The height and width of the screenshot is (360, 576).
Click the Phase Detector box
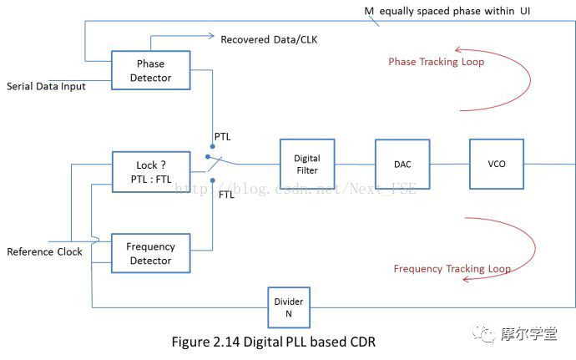[150, 70]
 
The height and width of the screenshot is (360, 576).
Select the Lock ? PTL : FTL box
[150, 172]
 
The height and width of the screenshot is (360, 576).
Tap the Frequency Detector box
[150, 253]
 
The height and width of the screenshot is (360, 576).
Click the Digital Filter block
[306, 165]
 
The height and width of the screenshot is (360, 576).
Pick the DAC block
[403, 164]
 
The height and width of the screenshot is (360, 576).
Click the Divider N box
[288, 307]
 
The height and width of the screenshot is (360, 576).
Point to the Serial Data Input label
[47, 86]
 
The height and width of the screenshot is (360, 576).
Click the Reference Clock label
[44, 251]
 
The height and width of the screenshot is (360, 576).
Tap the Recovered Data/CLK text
[269, 39]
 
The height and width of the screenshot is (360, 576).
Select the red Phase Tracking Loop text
[436, 62]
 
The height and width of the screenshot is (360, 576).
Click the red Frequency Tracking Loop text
[452, 269]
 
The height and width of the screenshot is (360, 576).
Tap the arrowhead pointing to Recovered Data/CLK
[210, 37]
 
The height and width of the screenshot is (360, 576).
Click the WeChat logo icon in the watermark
[485, 332]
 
